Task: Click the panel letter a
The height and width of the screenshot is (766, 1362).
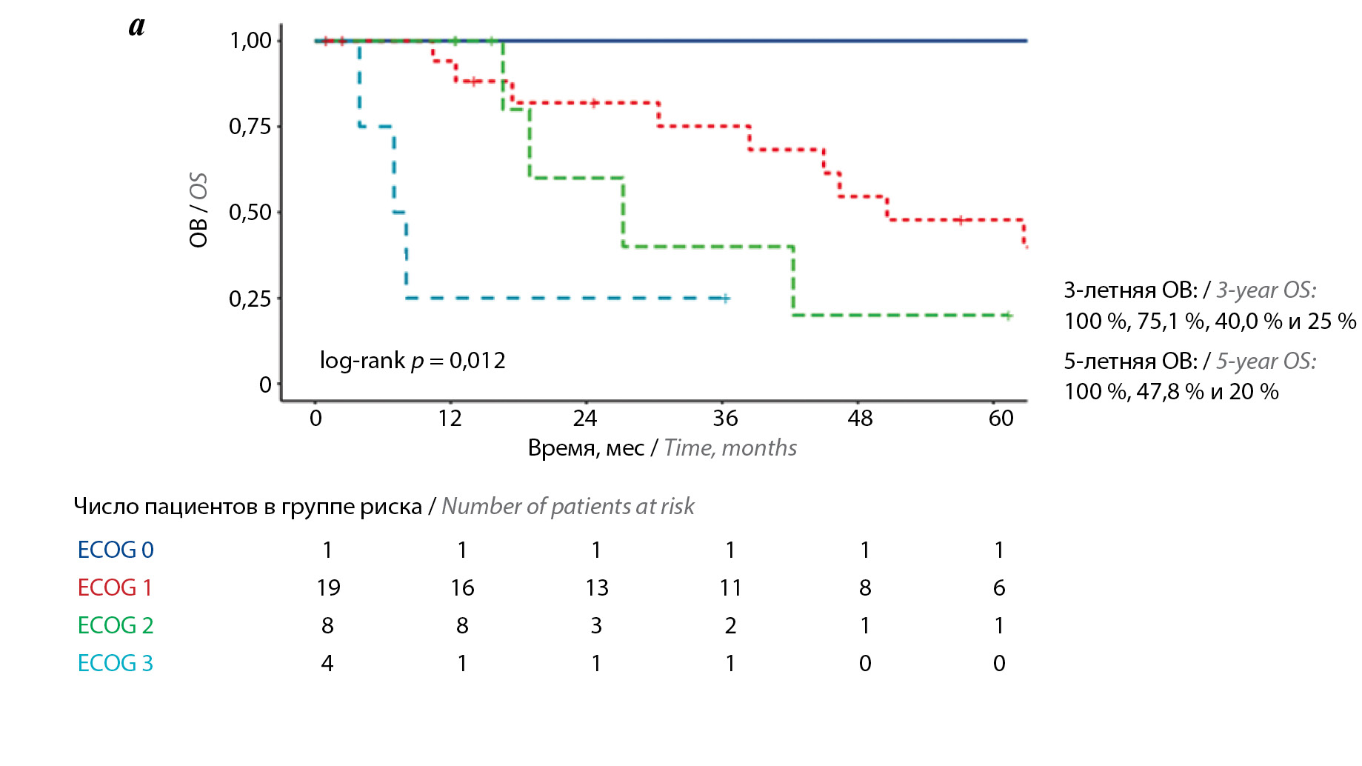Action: click(x=137, y=26)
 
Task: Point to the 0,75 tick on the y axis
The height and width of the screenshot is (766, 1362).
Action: click(x=250, y=127)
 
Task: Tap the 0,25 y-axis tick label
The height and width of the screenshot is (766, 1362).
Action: click(x=250, y=299)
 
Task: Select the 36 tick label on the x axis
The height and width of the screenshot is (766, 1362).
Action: click(x=725, y=419)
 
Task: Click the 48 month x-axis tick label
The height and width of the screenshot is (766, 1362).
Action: click(x=860, y=419)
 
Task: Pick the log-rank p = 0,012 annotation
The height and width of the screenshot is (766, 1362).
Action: click(x=413, y=361)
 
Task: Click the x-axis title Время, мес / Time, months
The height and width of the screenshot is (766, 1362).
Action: click(x=662, y=447)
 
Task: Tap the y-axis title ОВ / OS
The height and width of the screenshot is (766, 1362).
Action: click(x=198, y=210)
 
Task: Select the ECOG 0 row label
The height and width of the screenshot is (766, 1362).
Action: click(x=116, y=550)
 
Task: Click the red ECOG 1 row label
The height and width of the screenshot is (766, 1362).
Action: click(x=115, y=587)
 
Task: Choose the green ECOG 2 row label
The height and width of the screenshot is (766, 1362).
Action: click(x=116, y=625)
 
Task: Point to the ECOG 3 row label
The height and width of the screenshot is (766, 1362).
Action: click(x=116, y=663)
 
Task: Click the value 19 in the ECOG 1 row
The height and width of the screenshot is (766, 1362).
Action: click(x=328, y=587)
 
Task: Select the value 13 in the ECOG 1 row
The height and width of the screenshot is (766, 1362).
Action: click(x=596, y=587)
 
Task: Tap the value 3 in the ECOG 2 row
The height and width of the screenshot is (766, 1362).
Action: click(x=596, y=625)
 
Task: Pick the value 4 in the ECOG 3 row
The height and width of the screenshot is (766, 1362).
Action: click(x=327, y=663)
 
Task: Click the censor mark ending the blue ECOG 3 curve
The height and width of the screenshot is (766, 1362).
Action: click(x=726, y=299)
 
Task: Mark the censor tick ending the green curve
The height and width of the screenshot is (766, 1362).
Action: click(x=1007, y=316)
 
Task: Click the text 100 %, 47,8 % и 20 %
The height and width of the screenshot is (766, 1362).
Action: click(x=1171, y=391)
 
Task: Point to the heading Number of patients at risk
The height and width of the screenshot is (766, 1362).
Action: click(x=568, y=506)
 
